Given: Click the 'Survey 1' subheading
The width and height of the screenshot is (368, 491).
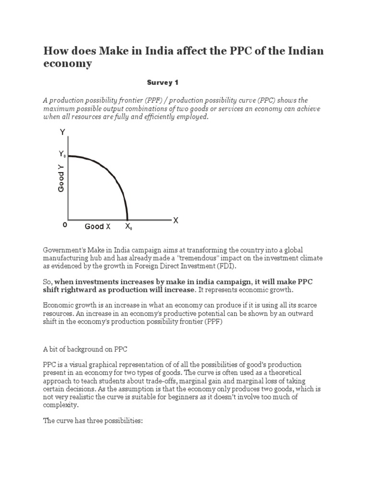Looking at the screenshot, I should pyautogui.click(x=162, y=82).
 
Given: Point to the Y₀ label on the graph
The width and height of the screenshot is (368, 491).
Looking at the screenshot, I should pyautogui.click(x=62, y=154).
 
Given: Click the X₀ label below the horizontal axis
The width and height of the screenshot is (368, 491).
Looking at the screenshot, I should pyautogui.click(x=128, y=227).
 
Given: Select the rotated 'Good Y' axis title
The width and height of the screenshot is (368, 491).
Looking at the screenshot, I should pyautogui.click(x=61, y=178).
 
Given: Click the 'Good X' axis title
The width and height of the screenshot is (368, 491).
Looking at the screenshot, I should pyautogui.click(x=97, y=226).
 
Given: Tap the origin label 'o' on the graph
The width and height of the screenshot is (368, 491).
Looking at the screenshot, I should pyautogui.click(x=65, y=224).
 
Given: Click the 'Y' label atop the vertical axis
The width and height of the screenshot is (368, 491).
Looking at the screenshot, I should pyautogui.click(x=62, y=132).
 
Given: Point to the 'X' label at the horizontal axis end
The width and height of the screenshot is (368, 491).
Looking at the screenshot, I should pyautogui.click(x=175, y=220).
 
